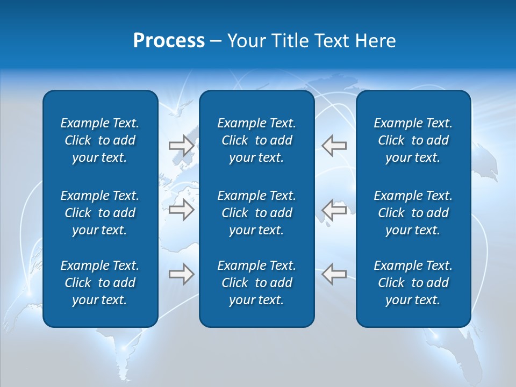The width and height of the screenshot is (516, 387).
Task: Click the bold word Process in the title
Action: pos(169,41)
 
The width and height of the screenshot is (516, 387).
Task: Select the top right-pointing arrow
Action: pos(181,146)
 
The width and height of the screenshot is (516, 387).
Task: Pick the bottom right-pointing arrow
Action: pos(181,274)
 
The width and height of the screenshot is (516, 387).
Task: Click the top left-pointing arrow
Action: pos(334,146)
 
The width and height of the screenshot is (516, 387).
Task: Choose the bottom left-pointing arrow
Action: pos(334,274)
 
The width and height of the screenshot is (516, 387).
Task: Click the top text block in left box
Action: pos(100,140)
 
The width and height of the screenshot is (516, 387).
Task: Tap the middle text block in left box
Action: pos(100,213)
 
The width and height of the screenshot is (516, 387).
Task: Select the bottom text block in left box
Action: pos(100,283)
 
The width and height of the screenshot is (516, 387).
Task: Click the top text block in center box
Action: pos(256,140)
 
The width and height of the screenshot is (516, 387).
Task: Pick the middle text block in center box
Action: pos(256,213)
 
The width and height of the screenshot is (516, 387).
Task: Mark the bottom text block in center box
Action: pos(256,283)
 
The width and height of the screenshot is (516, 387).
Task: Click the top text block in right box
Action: pos(413,140)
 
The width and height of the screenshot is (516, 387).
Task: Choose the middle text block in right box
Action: pos(413,213)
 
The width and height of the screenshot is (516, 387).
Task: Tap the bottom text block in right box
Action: pos(413,283)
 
